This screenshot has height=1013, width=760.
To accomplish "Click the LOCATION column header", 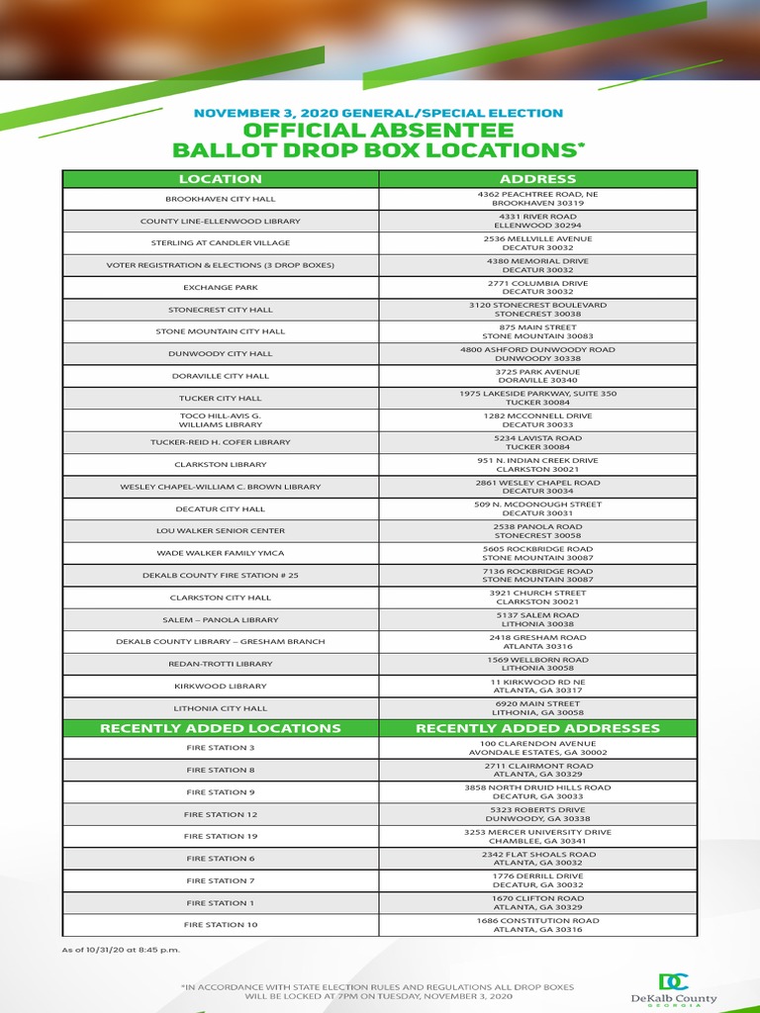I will coord(221,179).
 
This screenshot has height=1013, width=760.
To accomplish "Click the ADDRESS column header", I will coord(537,179).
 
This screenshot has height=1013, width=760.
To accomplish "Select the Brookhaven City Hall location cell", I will coord(221,199).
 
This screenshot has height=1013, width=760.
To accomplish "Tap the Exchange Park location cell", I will coord(221,287).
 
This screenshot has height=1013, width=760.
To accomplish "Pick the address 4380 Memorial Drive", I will coord(537,265).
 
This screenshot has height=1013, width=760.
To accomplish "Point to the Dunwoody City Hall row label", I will coord(221,353).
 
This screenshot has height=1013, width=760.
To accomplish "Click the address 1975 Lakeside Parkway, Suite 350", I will coord(537,398).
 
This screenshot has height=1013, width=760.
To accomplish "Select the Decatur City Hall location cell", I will coord(221,508).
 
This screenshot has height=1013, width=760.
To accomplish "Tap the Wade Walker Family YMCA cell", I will coord(221,553).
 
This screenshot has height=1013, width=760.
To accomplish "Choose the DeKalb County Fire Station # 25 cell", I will coord(221,575).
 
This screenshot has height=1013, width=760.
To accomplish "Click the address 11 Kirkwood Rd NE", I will coord(537,686).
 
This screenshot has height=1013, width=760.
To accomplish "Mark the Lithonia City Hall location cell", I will coord(221,708).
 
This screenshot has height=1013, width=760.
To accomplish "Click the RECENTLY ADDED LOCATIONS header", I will coord(221,728).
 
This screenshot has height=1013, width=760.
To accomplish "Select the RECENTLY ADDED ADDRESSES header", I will coord(537,728).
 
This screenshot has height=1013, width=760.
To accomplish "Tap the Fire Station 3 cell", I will coord(221,748).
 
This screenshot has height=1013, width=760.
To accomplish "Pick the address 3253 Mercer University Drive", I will coord(537,836).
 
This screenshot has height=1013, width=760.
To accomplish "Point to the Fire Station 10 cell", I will coord(221,924).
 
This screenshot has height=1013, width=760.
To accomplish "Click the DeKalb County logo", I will coord(674,989).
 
